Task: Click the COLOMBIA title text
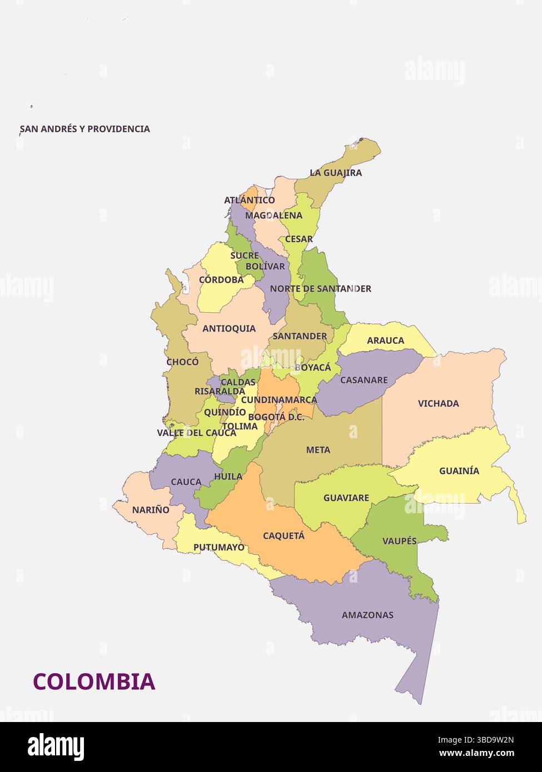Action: [x=94, y=681]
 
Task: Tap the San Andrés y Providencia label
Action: [x=85, y=129]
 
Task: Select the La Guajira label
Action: [x=336, y=173]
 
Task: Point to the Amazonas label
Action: [x=367, y=615]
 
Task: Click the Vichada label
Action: [x=438, y=404]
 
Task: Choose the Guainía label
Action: [x=459, y=471]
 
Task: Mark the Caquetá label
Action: [x=284, y=536]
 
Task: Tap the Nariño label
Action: [x=151, y=510]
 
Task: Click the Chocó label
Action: [x=182, y=362]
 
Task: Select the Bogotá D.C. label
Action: [x=276, y=417]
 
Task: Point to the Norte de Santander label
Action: [x=320, y=289]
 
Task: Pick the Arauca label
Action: [x=385, y=340]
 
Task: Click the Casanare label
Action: [x=364, y=380]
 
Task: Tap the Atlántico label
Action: [x=250, y=200]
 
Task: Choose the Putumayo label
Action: [x=218, y=548]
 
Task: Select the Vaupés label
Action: [x=399, y=541]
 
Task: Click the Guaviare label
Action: [x=346, y=498]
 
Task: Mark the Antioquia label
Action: [x=229, y=329]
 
